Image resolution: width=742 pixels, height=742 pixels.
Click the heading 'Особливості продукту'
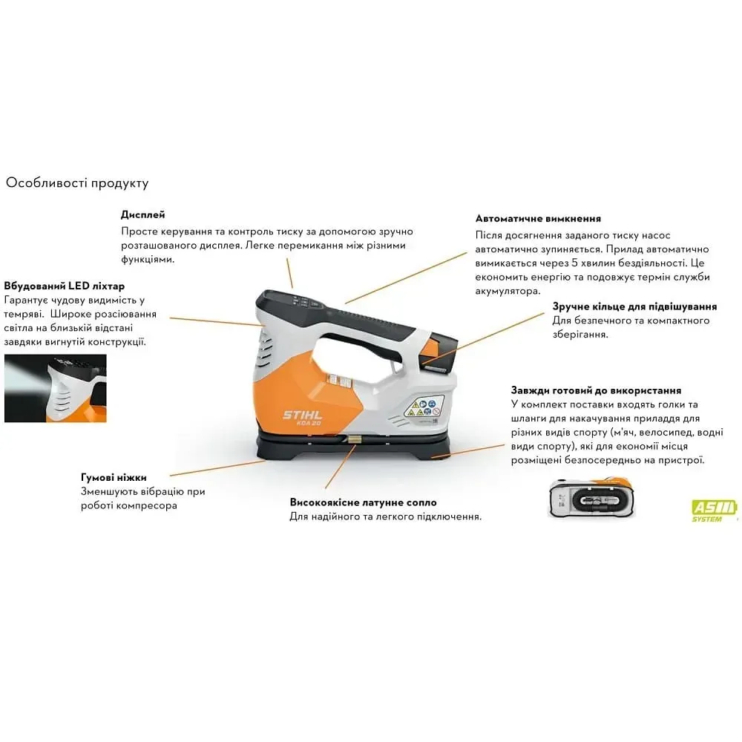(x=77, y=183)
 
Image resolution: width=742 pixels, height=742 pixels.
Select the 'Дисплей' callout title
(x=143, y=215)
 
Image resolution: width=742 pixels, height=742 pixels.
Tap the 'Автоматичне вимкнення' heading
(x=538, y=219)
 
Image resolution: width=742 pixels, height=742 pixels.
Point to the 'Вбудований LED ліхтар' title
(x=65, y=286)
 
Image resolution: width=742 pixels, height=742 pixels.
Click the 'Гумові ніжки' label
(x=114, y=477)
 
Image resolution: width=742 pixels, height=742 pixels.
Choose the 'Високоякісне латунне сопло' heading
(x=364, y=502)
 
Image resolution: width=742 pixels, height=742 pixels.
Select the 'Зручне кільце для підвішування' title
(x=634, y=306)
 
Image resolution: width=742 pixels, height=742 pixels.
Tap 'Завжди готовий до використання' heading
(x=597, y=390)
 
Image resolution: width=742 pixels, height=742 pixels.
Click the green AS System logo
(x=714, y=511)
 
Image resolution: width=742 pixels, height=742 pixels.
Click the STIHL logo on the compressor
(x=303, y=415)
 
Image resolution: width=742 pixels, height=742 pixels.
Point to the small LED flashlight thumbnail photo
(x=56, y=388)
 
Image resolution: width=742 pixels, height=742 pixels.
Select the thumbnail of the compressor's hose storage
(x=591, y=498)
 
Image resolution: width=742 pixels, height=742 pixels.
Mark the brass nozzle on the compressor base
(x=352, y=439)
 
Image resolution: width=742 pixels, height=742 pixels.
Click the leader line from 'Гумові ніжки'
(x=217, y=468)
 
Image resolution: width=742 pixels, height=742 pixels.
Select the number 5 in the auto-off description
(x=574, y=263)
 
